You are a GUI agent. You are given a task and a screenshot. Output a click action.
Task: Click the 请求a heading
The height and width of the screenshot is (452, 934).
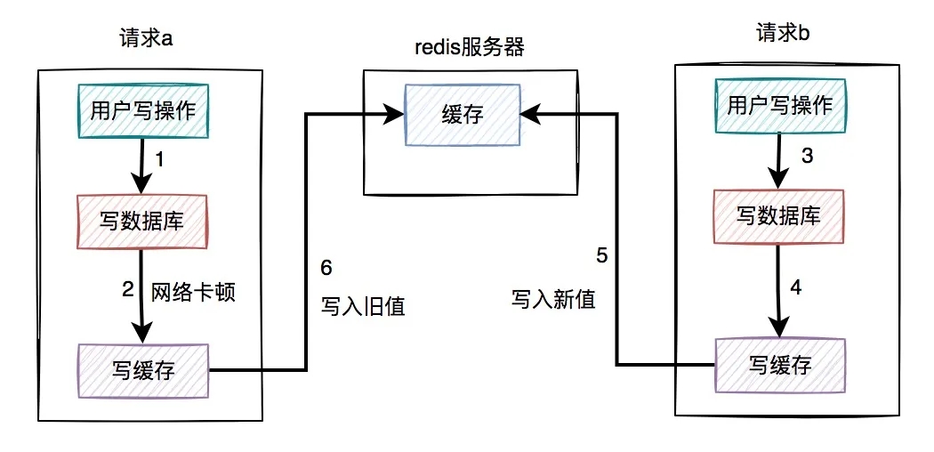tap(146, 40)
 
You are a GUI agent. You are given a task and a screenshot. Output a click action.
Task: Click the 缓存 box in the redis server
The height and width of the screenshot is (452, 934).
tap(463, 114)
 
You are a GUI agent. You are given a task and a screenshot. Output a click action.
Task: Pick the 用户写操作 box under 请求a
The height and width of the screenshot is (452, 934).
tap(143, 109)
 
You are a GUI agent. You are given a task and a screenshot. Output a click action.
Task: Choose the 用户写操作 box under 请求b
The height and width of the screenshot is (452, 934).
tap(779, 106)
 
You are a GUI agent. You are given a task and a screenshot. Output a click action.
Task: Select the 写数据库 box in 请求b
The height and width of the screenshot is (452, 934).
tap(778, 214)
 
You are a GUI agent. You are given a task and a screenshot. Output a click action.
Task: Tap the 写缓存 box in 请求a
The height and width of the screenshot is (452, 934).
tap(143, 370)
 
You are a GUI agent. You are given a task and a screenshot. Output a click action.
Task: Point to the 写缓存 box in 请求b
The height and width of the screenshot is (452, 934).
tap(779, 364)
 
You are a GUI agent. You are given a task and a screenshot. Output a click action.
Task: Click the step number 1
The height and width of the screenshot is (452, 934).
tap(160, 160)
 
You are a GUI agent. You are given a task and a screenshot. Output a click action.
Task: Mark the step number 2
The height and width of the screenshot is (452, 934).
tap(127, 289)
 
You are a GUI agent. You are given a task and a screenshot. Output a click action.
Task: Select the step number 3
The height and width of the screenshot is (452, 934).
tap(808, 156)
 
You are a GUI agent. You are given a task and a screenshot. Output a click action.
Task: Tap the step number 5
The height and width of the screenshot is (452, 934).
tap(602, 256)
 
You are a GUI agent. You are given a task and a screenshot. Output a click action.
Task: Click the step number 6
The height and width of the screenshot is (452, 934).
tap(326, 268)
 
